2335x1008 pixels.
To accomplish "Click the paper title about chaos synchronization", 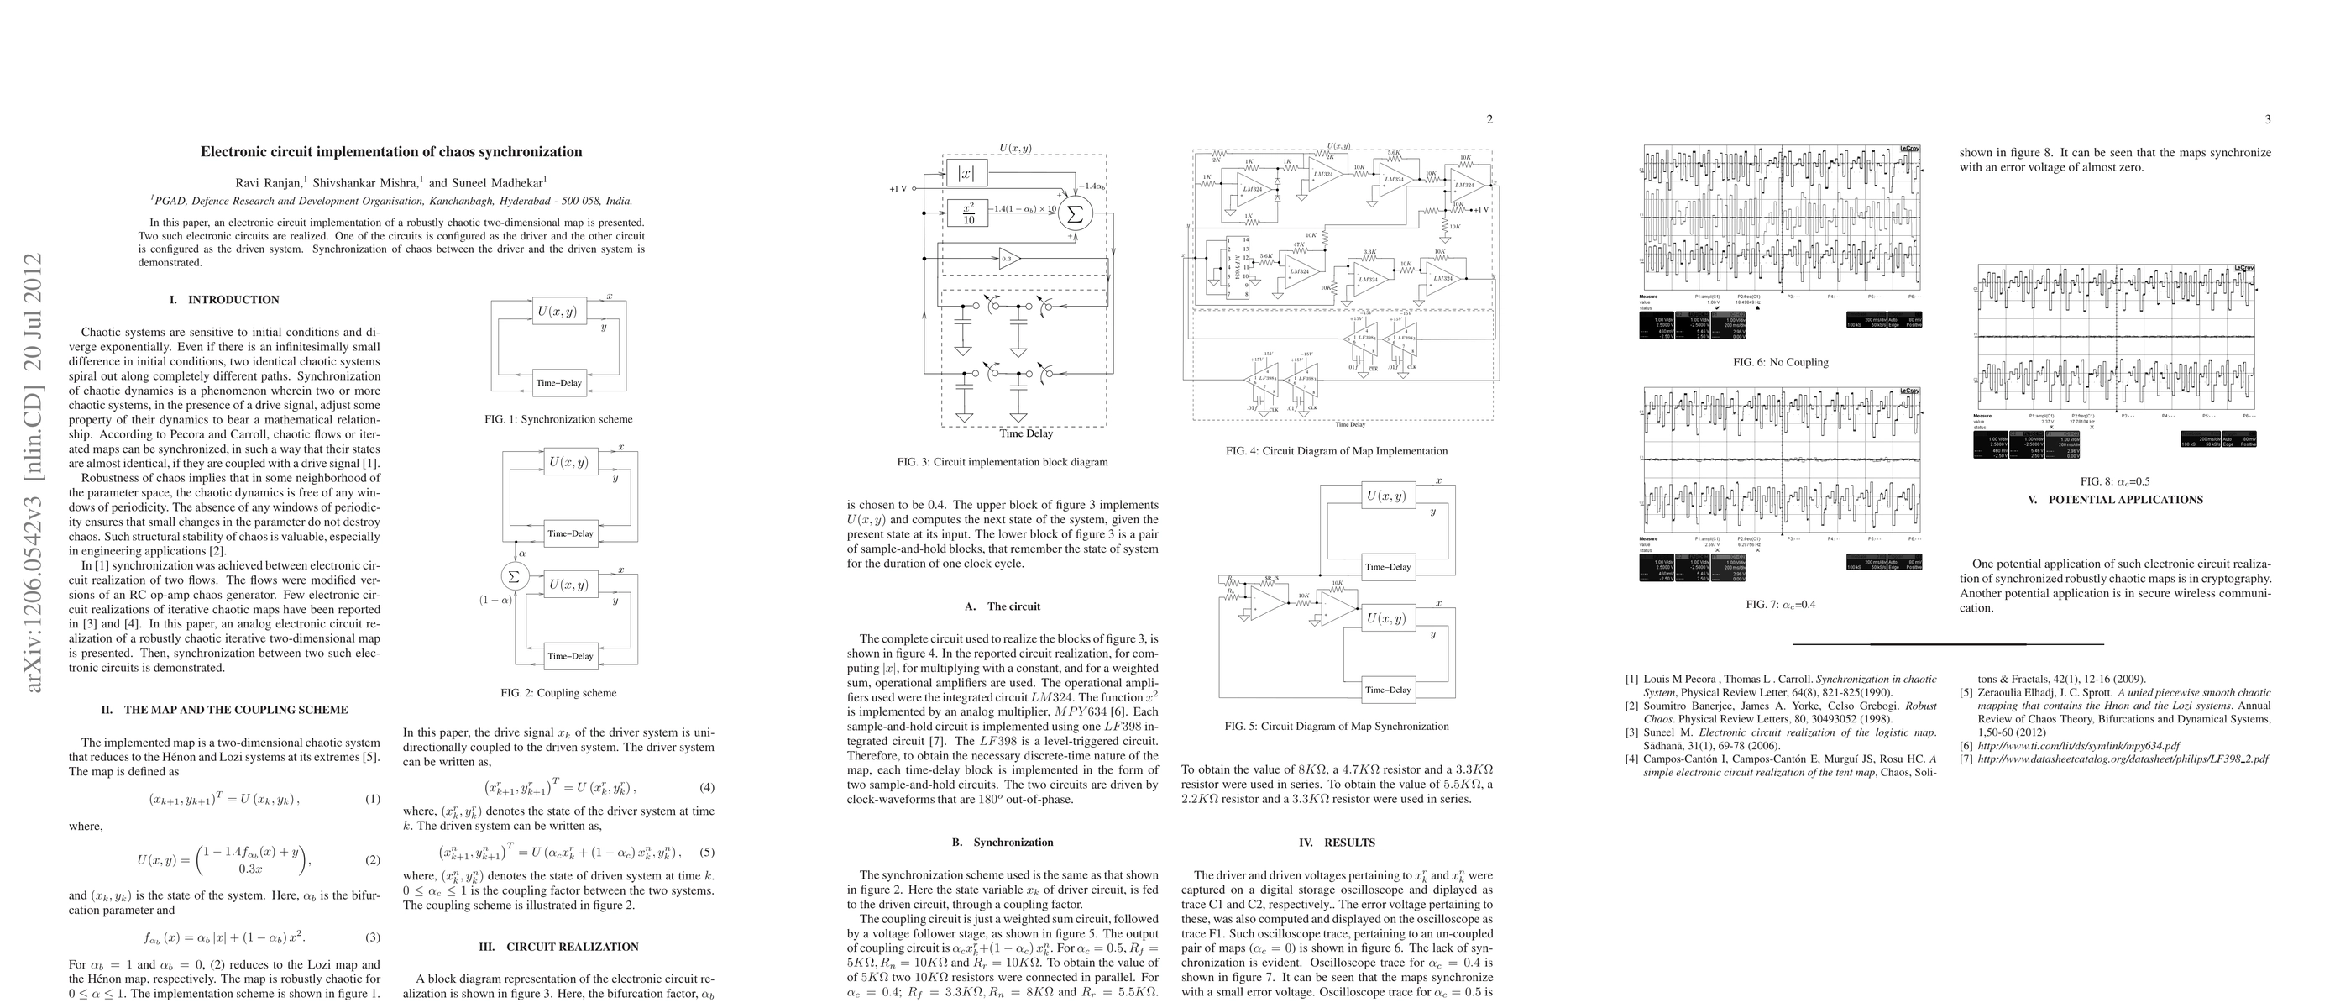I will pos(390,152).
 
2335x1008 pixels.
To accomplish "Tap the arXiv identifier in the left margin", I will pos(34,472).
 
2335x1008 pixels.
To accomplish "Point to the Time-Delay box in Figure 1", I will pos(558,382).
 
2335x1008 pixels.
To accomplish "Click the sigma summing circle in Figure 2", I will pos(514,575).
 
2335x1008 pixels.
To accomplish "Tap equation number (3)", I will pos(373,937).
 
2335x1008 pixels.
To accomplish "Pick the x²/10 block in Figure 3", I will pos(969,213).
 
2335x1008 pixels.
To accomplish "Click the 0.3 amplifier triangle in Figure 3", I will pos(1008,260).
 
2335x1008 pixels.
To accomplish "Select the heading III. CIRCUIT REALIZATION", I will pos(558,948).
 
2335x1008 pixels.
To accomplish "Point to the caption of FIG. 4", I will pos(1337,451).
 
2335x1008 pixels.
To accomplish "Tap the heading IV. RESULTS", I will pos(1337,843).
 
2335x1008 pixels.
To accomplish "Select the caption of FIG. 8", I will pos(2115,482).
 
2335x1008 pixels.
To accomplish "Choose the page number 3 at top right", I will pos(2267,118).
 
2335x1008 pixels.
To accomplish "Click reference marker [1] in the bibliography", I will pos(1631,679).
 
